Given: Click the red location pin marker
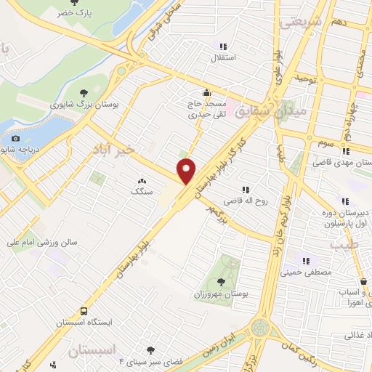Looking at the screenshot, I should click(187, 171).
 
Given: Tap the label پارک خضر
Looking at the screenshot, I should click(76, 14).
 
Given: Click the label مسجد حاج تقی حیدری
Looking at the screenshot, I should click(203, 109).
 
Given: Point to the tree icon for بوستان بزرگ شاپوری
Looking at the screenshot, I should click(85, 92).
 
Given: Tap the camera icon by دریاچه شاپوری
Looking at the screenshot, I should click(16, 138).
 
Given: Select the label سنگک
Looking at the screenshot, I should click(139, 192).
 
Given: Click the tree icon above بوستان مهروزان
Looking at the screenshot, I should click(221, 282).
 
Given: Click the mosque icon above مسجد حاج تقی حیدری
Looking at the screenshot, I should click(207, 92).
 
